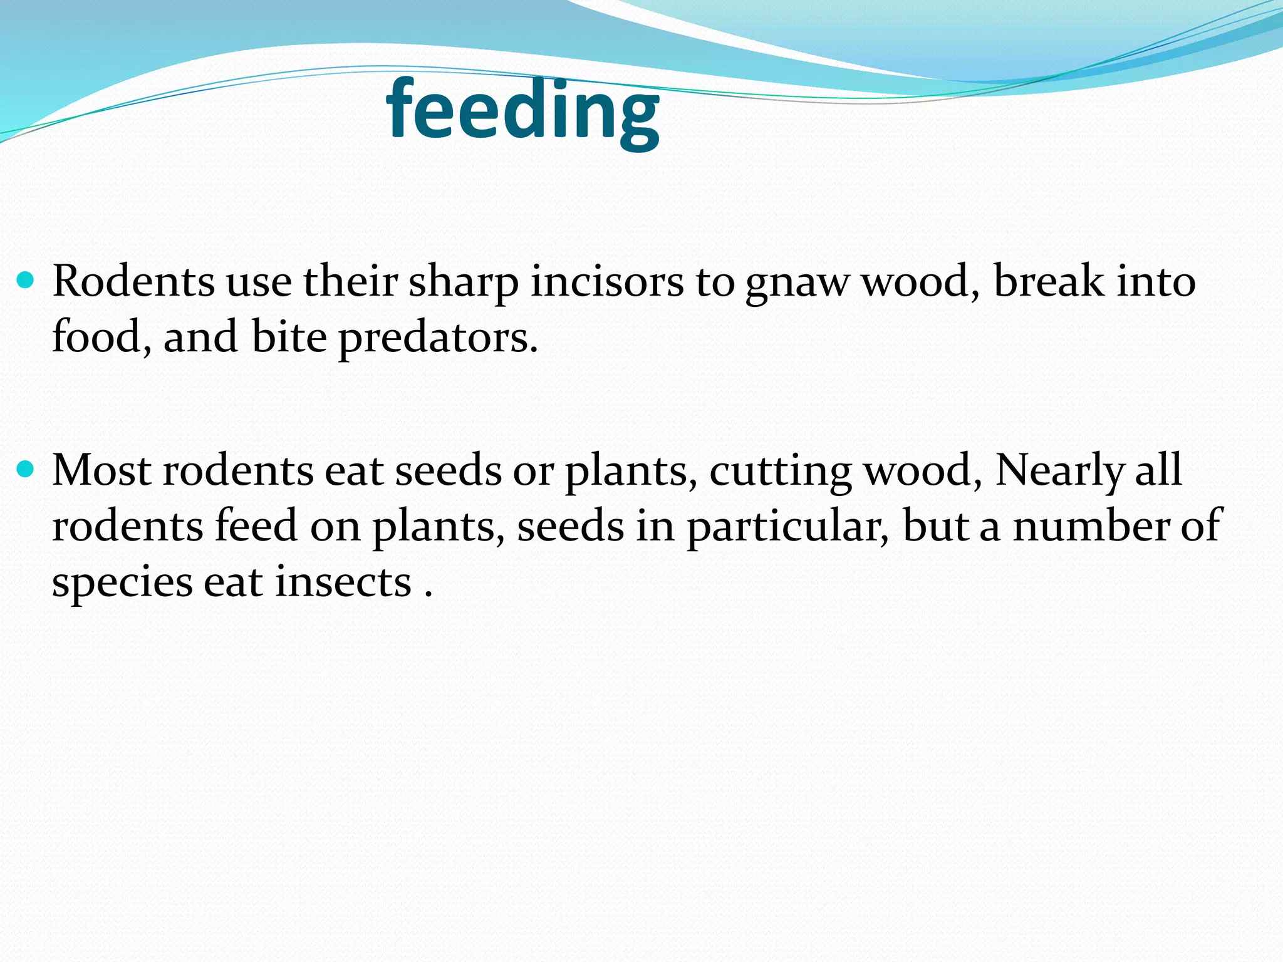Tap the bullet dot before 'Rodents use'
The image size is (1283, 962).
pyautogui.click(x=26, y=279)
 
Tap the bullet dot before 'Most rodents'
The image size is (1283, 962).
pyautogui.click(x=26, y=468)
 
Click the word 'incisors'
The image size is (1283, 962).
pyautogui.click(x=607, y=281)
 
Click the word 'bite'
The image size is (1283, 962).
pyautogui.click(x=289, y=337)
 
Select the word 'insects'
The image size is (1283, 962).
pyautogui.click(x=343, y=582)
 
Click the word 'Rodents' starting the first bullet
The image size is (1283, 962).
pyautogui.click(x=133, y=281)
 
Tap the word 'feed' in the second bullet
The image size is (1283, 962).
pyautogui.click(x=256, y=525)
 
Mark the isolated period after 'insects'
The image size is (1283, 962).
pyautogui.click(x=429, y=594)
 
